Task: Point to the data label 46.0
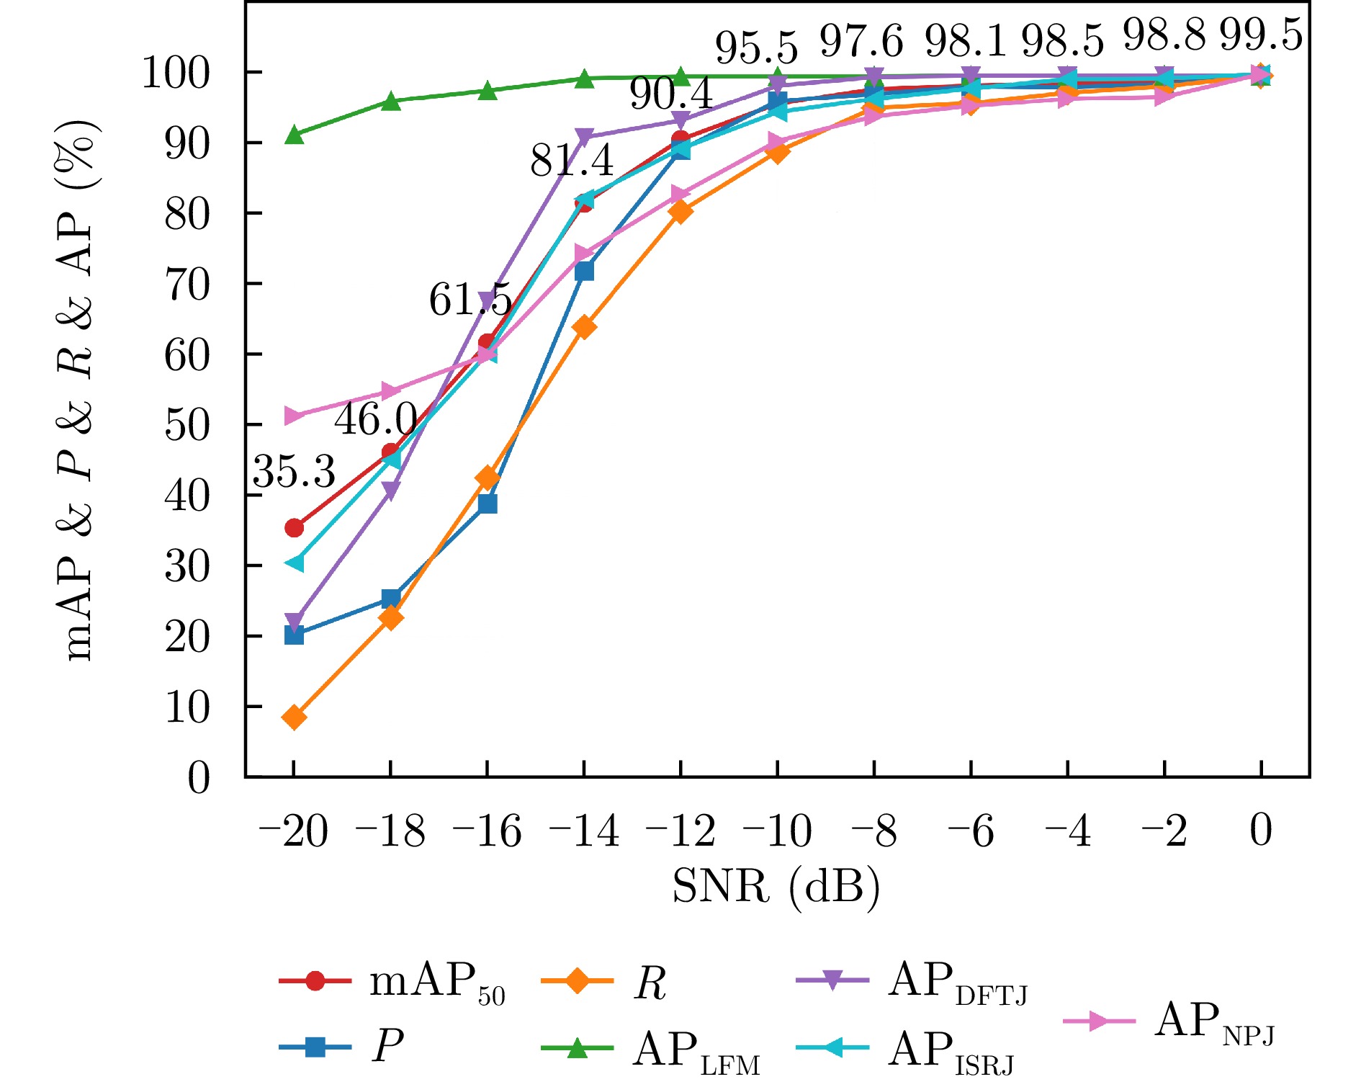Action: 375,419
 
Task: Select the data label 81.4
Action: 572,161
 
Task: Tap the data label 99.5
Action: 1261,35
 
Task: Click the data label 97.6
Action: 861,41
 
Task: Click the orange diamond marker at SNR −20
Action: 294,717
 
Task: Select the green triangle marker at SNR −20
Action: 294,135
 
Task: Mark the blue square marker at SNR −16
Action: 488,504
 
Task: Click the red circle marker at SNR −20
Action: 294,528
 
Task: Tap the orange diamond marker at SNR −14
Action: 584,328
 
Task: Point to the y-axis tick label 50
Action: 187,425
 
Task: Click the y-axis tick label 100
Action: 176,73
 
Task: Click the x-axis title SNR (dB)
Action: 776,887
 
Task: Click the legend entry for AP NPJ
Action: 1171,1022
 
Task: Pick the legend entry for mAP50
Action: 393,983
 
